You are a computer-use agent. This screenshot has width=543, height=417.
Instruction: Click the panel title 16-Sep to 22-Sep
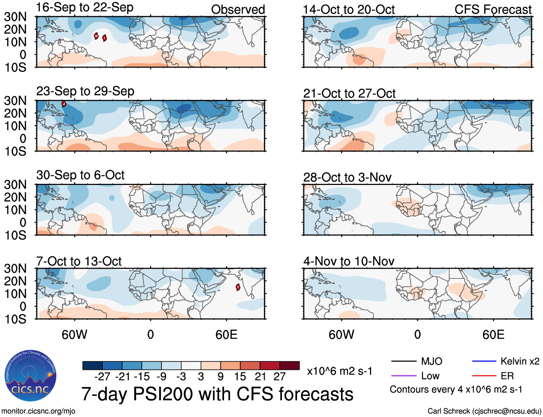[x=85, y=8]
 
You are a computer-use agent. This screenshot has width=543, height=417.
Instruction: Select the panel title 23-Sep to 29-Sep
[x=85, y=91]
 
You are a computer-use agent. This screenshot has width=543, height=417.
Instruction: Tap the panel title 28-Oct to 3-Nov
[x=347, y=177]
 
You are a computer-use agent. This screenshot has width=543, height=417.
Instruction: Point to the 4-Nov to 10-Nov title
[x=348, y=261]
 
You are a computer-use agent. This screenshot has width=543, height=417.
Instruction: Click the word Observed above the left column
[x=238, y=10]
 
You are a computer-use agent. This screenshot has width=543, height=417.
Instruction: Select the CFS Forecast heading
[x=493, y=10]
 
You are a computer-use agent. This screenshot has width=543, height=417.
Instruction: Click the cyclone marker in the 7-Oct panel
[x=238, y=287]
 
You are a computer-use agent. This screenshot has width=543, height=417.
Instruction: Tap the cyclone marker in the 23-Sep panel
[x=64, y=104]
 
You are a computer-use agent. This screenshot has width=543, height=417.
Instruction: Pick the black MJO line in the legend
[x=403, y=361]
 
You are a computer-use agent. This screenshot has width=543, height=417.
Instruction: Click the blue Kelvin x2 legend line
[x=484, y=361]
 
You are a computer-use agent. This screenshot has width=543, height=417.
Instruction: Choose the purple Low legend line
[x=403, y=376]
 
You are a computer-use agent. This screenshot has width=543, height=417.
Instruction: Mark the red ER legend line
[x=484, y=376]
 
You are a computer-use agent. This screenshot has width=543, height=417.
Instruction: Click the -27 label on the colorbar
[x=102, y=377]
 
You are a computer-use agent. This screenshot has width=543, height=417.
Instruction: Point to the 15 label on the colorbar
[x=240, y=377]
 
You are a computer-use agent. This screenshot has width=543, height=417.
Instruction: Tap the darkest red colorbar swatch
[x=289, y=366]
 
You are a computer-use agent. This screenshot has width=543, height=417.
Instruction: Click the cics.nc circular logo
[x=31, y=376]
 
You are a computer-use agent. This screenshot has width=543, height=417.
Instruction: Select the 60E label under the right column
[x=493, y=335]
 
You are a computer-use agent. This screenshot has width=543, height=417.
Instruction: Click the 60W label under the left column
[x=74, y=335]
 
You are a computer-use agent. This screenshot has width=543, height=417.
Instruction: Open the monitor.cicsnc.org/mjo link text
[x=38, y=411]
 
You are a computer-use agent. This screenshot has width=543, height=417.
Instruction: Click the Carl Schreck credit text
[x=484, y=411]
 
